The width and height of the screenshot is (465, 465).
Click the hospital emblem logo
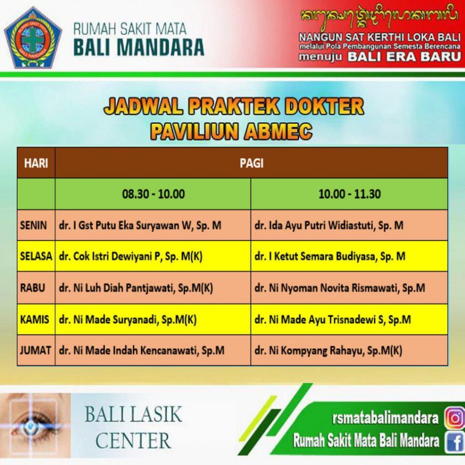(x=33, y=38)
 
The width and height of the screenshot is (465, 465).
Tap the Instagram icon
(x=455, y=418)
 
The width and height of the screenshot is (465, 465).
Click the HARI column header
(x=36, y=163)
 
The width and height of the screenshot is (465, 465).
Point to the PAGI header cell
(x=252, y=163)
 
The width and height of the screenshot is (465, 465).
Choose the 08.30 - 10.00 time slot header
(x=153, y=194)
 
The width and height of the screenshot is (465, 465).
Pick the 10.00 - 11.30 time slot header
(x=349, y=194)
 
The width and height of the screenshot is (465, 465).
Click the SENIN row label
(x=34, y=225)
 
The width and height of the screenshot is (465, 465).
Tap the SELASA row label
(x=36, y=256)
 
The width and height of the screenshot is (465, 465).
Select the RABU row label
(x=33, y=287)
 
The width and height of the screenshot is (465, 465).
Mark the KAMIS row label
(x=35, y=319)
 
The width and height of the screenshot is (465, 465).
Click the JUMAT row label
(x=35, y=350)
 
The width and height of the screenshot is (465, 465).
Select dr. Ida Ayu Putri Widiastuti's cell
(x=349, y=225)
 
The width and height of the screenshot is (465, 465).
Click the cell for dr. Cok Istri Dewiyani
(x=153, y=256)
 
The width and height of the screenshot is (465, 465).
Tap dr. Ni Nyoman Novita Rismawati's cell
(x=349, y=287)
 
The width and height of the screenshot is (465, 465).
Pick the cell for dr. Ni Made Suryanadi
(x=153, y=319)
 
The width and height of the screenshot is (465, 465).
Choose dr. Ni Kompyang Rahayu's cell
(x=349, y=350)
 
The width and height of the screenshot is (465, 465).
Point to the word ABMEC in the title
(x=278, y=131)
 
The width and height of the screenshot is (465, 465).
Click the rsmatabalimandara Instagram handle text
(x=385, y=418)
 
